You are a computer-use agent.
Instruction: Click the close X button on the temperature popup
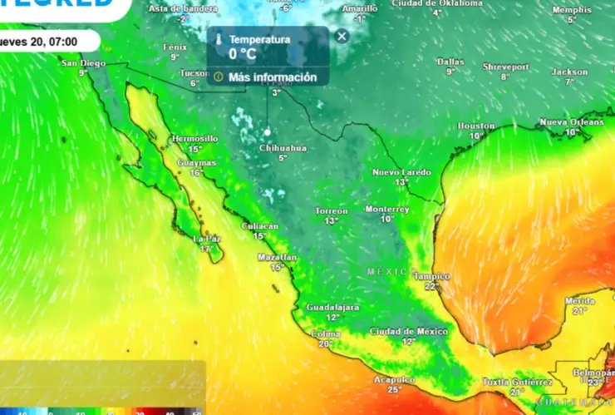342,36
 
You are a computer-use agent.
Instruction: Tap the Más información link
273,77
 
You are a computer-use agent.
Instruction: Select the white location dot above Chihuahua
268,132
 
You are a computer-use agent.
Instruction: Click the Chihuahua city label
283,148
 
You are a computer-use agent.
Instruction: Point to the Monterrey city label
387,209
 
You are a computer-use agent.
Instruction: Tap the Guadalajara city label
332,307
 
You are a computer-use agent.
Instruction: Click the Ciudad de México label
408,331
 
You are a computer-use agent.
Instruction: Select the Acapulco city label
394,379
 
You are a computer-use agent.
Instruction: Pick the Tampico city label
431,276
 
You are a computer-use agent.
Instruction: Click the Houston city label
475,126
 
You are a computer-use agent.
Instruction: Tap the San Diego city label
83,63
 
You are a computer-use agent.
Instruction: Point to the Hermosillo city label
194,138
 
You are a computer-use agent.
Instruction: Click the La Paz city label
206,239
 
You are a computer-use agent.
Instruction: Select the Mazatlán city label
277,258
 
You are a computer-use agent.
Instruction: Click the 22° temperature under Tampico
430,286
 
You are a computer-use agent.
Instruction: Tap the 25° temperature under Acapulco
394,389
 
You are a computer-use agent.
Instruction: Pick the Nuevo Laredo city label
401,172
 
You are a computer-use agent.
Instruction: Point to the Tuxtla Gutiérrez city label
518,382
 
